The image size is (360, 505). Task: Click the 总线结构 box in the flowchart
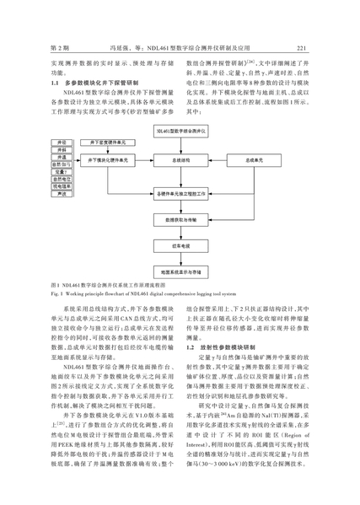point(180,160)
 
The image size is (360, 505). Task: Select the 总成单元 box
point(254,160)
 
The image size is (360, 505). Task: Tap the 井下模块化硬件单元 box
point(108,160)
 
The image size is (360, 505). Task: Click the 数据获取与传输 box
point(180,220)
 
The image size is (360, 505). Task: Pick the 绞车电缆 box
point(180,246)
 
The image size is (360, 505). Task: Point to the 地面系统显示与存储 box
point(180,272)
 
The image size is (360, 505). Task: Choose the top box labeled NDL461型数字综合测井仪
point(180,132)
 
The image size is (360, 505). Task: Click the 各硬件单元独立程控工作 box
point(180,194)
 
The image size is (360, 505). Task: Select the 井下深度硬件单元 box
point(108,142)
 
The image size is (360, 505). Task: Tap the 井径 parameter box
point(62,142)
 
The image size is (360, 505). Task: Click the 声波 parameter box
point(62,194)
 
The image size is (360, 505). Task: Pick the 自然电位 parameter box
point(62,179)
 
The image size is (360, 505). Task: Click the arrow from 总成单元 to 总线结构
point(218,160)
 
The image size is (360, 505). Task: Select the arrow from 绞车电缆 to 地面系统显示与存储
point(180,260)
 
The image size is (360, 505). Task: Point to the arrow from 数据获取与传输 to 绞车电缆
point(180,234)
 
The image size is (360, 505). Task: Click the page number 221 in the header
point(301,48)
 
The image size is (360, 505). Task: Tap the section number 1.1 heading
point(55,83)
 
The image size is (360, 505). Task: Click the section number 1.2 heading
point(190,347)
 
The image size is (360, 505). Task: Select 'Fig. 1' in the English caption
point(56,293)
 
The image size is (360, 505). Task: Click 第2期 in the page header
point(60,48)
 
